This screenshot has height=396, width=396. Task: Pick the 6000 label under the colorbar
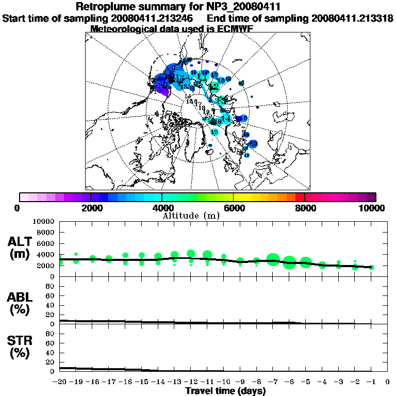point(234,208)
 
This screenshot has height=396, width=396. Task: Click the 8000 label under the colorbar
point(305,208)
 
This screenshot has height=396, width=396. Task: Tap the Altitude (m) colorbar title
point(191,216)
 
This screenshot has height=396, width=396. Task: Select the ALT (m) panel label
point(21,247)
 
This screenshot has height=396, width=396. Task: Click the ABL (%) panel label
point(21,304)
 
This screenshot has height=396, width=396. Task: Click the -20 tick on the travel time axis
point(60,382)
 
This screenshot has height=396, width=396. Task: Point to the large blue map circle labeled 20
point(253,143)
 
